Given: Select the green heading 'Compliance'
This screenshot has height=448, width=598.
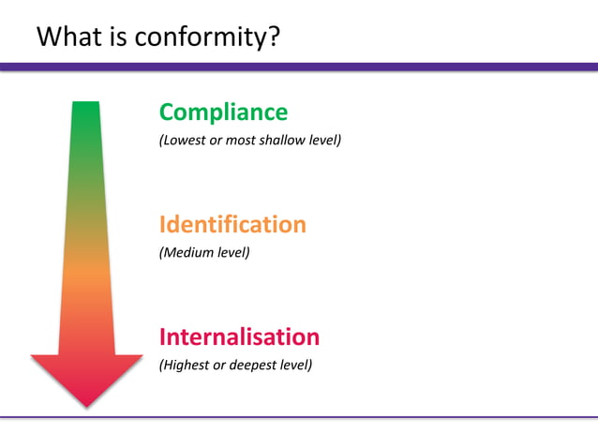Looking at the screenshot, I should (223, 112).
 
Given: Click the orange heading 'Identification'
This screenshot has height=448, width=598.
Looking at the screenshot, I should (232, 225).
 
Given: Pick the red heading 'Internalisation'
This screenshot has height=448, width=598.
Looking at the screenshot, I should (239, 336).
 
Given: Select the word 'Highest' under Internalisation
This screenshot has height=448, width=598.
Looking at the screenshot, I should (187, 365).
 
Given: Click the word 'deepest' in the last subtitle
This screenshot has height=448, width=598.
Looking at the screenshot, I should (252, 365).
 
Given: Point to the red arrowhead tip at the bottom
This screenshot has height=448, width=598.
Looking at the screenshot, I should (86, 404).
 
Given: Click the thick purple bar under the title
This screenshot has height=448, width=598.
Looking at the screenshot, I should (299, 67).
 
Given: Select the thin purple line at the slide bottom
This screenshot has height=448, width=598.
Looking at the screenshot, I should (299, 417).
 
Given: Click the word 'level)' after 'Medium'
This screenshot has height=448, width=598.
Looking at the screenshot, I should (232, 252).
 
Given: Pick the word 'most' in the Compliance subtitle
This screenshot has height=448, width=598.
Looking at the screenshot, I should (240, 141).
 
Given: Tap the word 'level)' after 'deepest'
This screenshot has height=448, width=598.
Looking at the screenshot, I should (295, 365).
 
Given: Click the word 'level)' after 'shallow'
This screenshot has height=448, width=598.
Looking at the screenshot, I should (323, 141).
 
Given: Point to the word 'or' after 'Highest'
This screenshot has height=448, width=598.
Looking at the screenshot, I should (220, 365).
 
